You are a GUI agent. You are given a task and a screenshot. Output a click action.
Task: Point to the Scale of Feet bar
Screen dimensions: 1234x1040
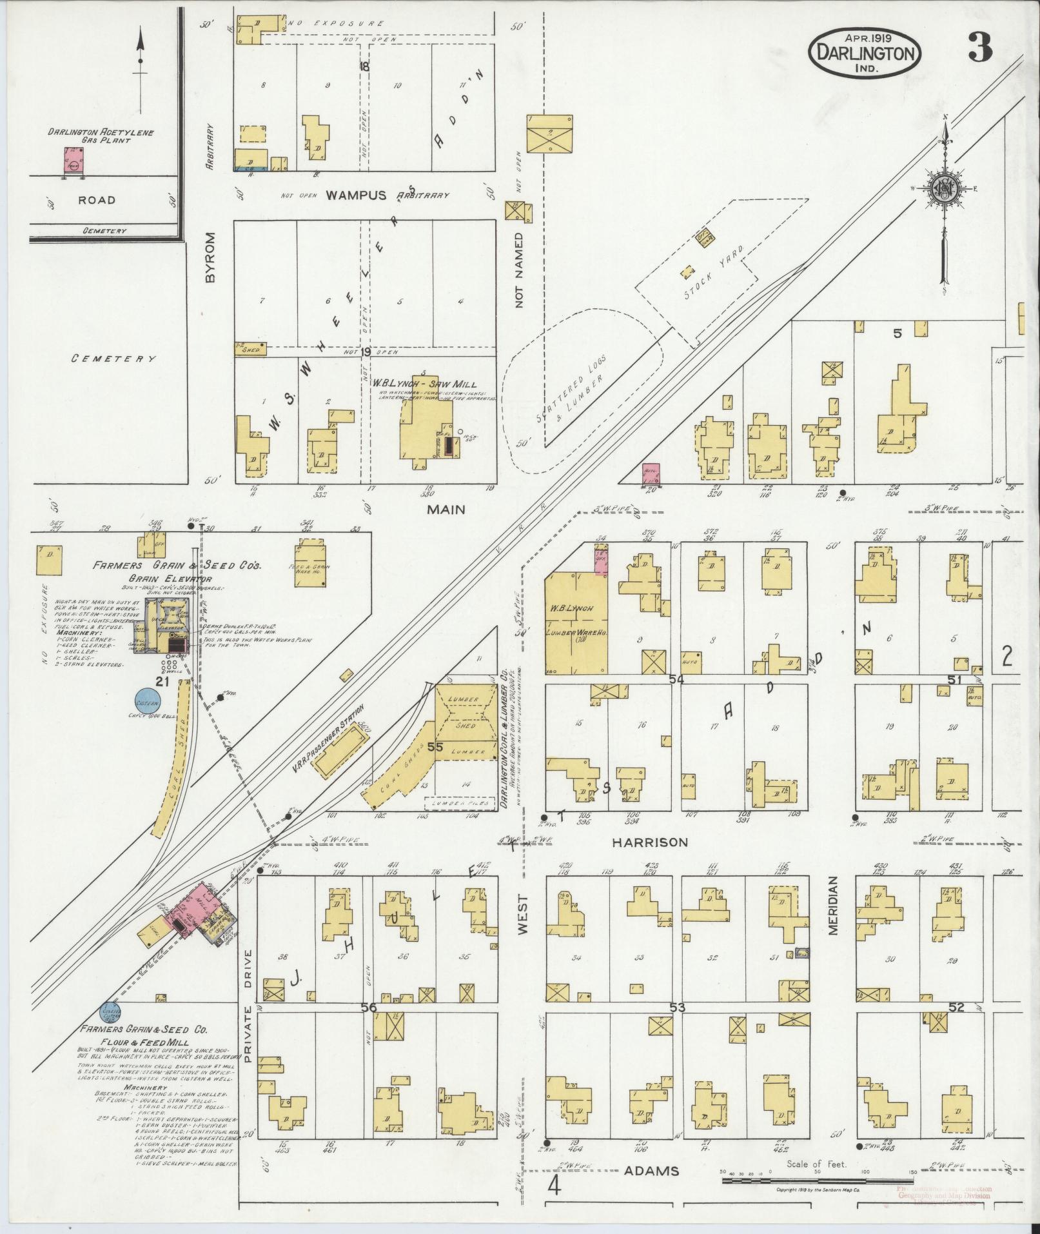point(816,1180)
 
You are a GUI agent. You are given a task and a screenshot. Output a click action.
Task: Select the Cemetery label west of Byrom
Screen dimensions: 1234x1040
point(113,359)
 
